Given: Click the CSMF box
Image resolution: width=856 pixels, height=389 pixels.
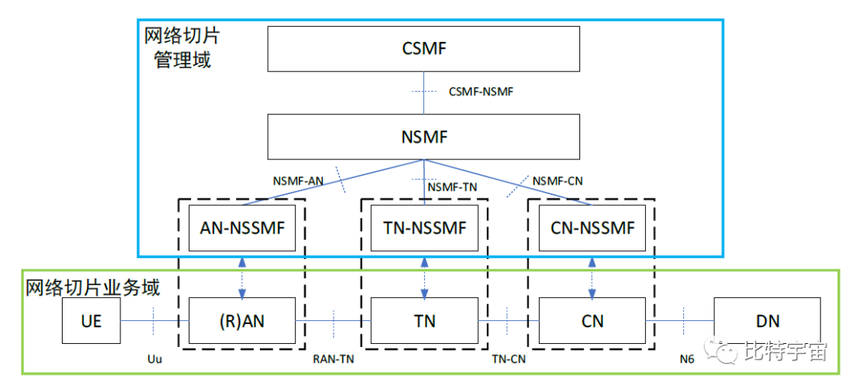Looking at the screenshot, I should (425, 49).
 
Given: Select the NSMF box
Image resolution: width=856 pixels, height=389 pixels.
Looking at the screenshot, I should (425, 136).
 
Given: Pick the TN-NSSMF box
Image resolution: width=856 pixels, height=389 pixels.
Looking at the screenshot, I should (425, 228).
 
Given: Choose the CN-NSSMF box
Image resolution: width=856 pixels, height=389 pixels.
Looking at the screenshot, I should (592, 228).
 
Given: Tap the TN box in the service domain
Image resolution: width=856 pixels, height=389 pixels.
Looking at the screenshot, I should (425, 321).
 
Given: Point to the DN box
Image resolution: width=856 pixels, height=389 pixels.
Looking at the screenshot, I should (767, 321).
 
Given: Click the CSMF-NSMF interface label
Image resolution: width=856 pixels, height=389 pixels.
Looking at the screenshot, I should (481, 92).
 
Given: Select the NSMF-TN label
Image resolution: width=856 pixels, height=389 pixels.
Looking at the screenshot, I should (453, 188).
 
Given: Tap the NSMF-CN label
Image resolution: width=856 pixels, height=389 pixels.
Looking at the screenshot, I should (558, 181).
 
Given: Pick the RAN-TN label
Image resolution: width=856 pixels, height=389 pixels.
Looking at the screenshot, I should (334, 359).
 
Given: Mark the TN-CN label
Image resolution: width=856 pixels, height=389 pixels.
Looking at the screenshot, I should (508, 359).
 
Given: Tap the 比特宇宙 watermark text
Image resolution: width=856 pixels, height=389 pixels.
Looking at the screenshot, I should (785, 350).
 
